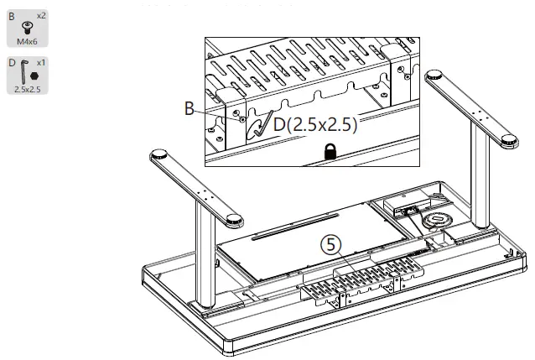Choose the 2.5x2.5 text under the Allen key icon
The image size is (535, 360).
tap(29, 87)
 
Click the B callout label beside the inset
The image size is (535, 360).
tap(190, 108)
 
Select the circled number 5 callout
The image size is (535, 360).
tap(332, 244)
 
